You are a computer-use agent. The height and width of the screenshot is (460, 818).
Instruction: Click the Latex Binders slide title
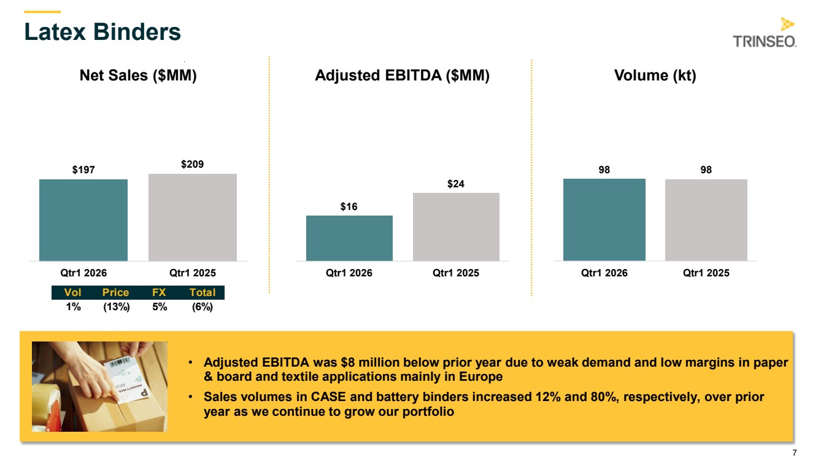[x=102, y=32]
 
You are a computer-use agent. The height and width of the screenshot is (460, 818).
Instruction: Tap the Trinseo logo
[x=765, y=33]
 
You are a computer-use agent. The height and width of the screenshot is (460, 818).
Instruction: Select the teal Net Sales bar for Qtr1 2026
[x=83, y=220]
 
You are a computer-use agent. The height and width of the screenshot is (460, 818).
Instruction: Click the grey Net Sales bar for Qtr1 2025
[x=193, y=217]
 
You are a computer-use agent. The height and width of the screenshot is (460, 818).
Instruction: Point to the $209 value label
[x=193, y=164]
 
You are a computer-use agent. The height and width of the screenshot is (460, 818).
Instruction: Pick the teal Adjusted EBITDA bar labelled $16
[x=349, y=238]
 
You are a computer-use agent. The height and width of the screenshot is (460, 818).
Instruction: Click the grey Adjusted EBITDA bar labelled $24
[x=456, y=227]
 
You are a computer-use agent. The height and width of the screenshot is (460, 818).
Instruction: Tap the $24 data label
[x=456, y=184]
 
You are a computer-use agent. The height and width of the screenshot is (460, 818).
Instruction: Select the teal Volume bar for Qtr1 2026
[x=604, y=220]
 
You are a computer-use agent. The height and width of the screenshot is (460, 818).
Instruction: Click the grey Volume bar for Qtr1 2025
[x=706, y=220]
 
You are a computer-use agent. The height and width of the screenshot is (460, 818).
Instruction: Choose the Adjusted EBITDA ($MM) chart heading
[x=402, y=76]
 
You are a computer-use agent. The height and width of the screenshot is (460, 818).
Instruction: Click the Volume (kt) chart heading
[x=655, y=76]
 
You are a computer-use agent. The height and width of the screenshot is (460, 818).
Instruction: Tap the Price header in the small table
[x=115, y=292]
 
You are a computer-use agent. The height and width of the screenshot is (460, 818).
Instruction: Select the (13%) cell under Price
[x=117, y=307]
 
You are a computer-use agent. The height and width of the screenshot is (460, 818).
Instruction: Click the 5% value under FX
[x=160, y=307]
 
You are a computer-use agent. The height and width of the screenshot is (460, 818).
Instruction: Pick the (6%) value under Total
[x=203, y=307]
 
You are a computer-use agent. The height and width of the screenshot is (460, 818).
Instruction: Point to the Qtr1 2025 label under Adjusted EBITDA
[x=456, y=273]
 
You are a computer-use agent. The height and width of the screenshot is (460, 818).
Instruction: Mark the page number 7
[x=794, y=453]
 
